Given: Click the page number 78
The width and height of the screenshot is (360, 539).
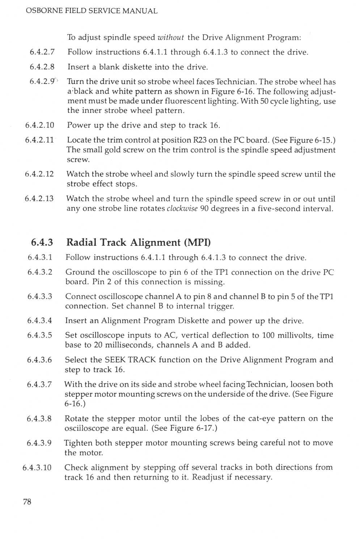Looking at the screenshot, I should tap(27, 501).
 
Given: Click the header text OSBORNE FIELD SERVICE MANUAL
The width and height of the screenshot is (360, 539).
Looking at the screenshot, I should tap(92, 11).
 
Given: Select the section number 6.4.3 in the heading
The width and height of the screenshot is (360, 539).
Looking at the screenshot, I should tap(42, 242).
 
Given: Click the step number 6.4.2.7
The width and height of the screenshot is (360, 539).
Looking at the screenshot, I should tap(42, 52).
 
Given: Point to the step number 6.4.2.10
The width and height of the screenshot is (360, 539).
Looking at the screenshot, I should tap(40, 125).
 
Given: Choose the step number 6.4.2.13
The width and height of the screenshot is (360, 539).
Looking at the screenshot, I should tap(39, 198).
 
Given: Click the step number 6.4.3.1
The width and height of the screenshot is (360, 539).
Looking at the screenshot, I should tap(40, 257).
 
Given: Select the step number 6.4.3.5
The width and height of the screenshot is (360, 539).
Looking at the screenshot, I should tap(40, 335).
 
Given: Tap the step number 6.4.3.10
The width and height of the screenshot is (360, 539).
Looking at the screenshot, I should tap(37, 467).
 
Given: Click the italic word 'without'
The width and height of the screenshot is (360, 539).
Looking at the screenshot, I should tap(171, 37).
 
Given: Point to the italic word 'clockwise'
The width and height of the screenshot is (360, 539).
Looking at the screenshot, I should tap(182, 209).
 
